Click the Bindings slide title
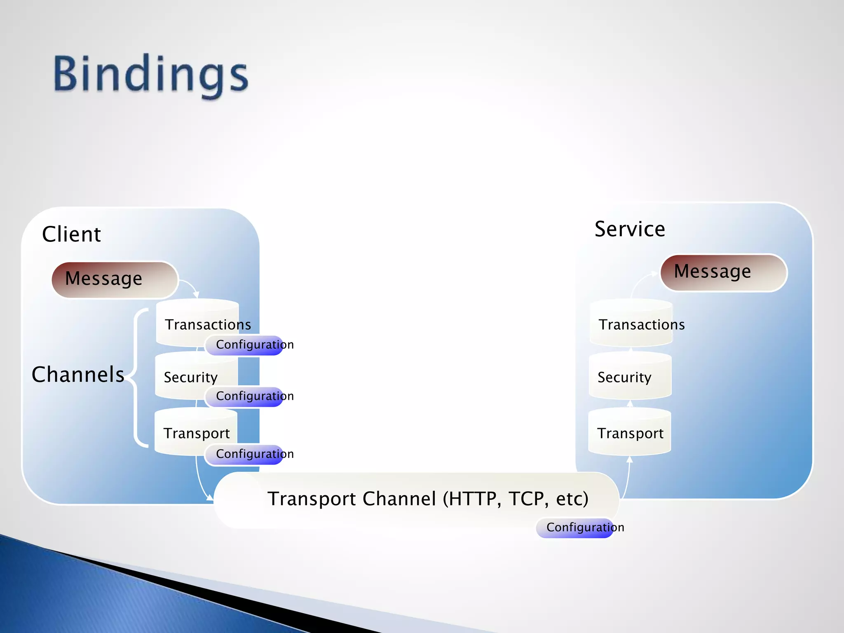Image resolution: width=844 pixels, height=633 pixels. (x=151, y=75)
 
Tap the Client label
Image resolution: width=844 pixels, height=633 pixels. (x=71, y=234)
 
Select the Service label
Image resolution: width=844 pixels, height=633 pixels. (x=629, y=229)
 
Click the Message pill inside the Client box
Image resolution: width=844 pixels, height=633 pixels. (x=114, y=279)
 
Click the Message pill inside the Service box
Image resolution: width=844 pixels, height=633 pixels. (x=723, y=272)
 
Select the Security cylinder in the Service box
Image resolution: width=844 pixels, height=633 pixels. (x=630, y=376)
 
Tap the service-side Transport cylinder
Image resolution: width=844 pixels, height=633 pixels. (x=629, y=432)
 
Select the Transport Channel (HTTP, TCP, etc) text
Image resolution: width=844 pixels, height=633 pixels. (x=427, y=499)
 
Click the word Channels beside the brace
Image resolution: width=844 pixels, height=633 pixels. (x=78, y=374)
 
